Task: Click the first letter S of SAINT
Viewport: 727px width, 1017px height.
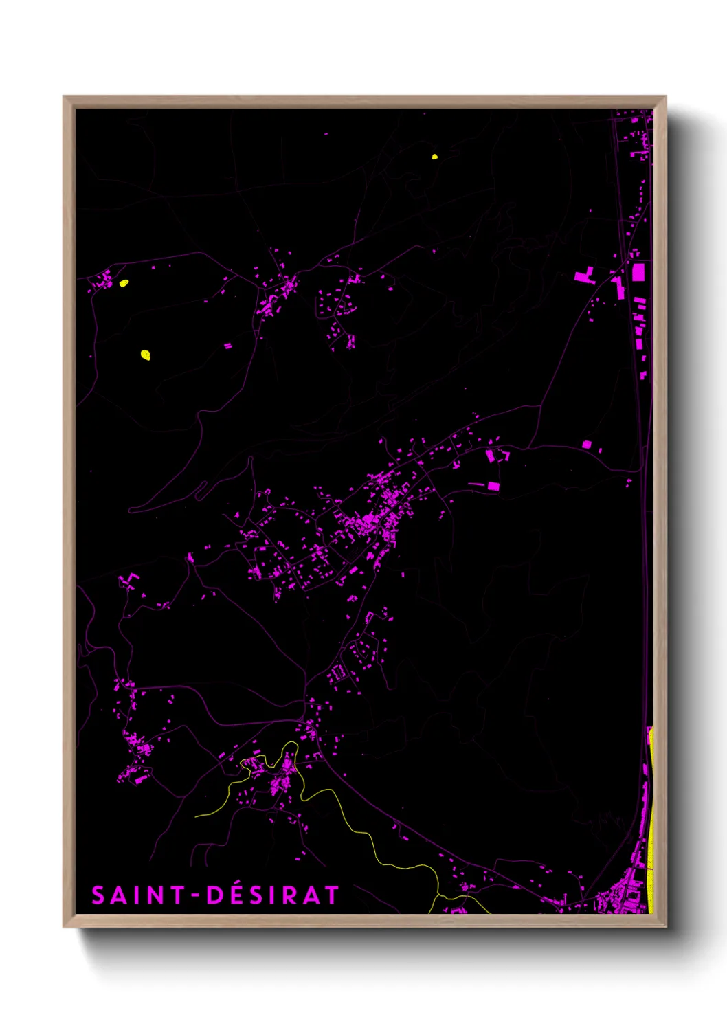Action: coord(99,895)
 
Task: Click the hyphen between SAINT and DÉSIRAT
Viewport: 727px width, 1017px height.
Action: coord(195,895)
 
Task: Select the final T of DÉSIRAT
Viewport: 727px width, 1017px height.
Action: coord(332,895)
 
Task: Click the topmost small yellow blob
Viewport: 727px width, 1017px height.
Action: coord(434,157)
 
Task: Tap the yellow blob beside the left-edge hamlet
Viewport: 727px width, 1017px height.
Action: coord(124,282)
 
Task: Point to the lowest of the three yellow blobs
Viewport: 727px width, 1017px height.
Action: coord(145,355)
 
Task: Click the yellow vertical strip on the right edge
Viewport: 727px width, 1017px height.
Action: coord(650,825)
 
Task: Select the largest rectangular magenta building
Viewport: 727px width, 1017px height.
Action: coord(638,272)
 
